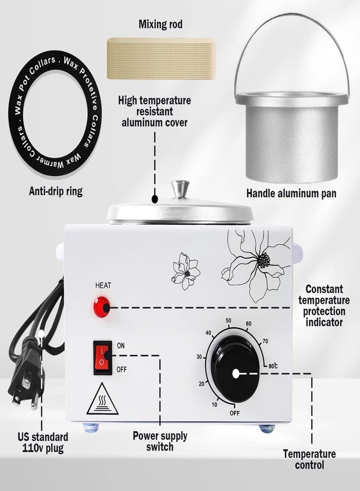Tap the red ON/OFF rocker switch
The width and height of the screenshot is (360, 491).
click(103, 357)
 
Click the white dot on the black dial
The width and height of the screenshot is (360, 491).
click(236, 374)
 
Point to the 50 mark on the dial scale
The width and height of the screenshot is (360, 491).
click(229, 321)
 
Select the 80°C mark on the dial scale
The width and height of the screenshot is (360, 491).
click(273, 366)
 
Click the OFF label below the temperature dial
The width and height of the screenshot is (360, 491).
click(235, 413)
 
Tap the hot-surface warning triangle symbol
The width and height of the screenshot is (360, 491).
click(103, 399)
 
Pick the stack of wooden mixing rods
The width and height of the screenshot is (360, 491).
click(161, 58)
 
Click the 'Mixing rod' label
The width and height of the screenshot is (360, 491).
click(160, 24)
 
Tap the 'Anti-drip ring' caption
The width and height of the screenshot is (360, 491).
click(56, 191)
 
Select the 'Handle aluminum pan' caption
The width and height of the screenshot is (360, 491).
click(291, 193)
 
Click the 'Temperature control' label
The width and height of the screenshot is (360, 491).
click(309, 459)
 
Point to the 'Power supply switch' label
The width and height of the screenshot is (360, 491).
click(160, 441)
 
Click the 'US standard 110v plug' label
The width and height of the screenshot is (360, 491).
click(43, 442)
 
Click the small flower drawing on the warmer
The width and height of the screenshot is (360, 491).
click(185, 271)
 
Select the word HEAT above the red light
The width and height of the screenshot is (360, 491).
click(103, 285)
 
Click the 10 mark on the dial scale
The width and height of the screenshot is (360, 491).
click(214, 405)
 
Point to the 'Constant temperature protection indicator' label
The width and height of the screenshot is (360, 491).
click(323, 306)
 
